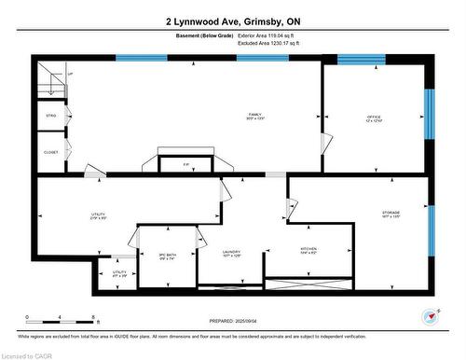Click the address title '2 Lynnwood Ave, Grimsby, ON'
(x=232, y=21)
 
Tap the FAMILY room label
(x=254, y=116)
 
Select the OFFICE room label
(x=373, y=118)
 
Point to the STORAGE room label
(x=391, y=215)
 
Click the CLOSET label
(x=51, y=152)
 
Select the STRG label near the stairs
(x=51, y=116)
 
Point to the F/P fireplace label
(x=185, y=164)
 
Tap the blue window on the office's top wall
(x=361, y=59)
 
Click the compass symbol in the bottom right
(x=430, y=315)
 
